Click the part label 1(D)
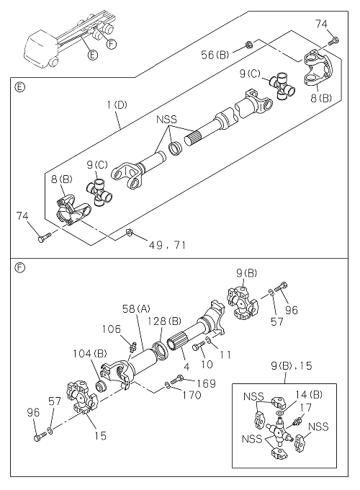point(117,104)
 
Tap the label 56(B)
point(215,55)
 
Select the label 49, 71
point(167,245)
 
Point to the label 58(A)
point(136,309)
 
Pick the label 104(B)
point(90,353)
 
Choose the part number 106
point(111,329)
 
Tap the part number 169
point(207,383)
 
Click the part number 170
point(192,395)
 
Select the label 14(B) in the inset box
point(309,395)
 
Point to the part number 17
point(306,408)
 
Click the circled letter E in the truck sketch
point(92,55)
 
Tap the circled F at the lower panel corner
point(19,267)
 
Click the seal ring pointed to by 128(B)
point(161,352)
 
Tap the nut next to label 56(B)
point(248,45)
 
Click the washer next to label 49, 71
point(129,232)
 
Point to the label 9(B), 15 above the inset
point(292,365)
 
